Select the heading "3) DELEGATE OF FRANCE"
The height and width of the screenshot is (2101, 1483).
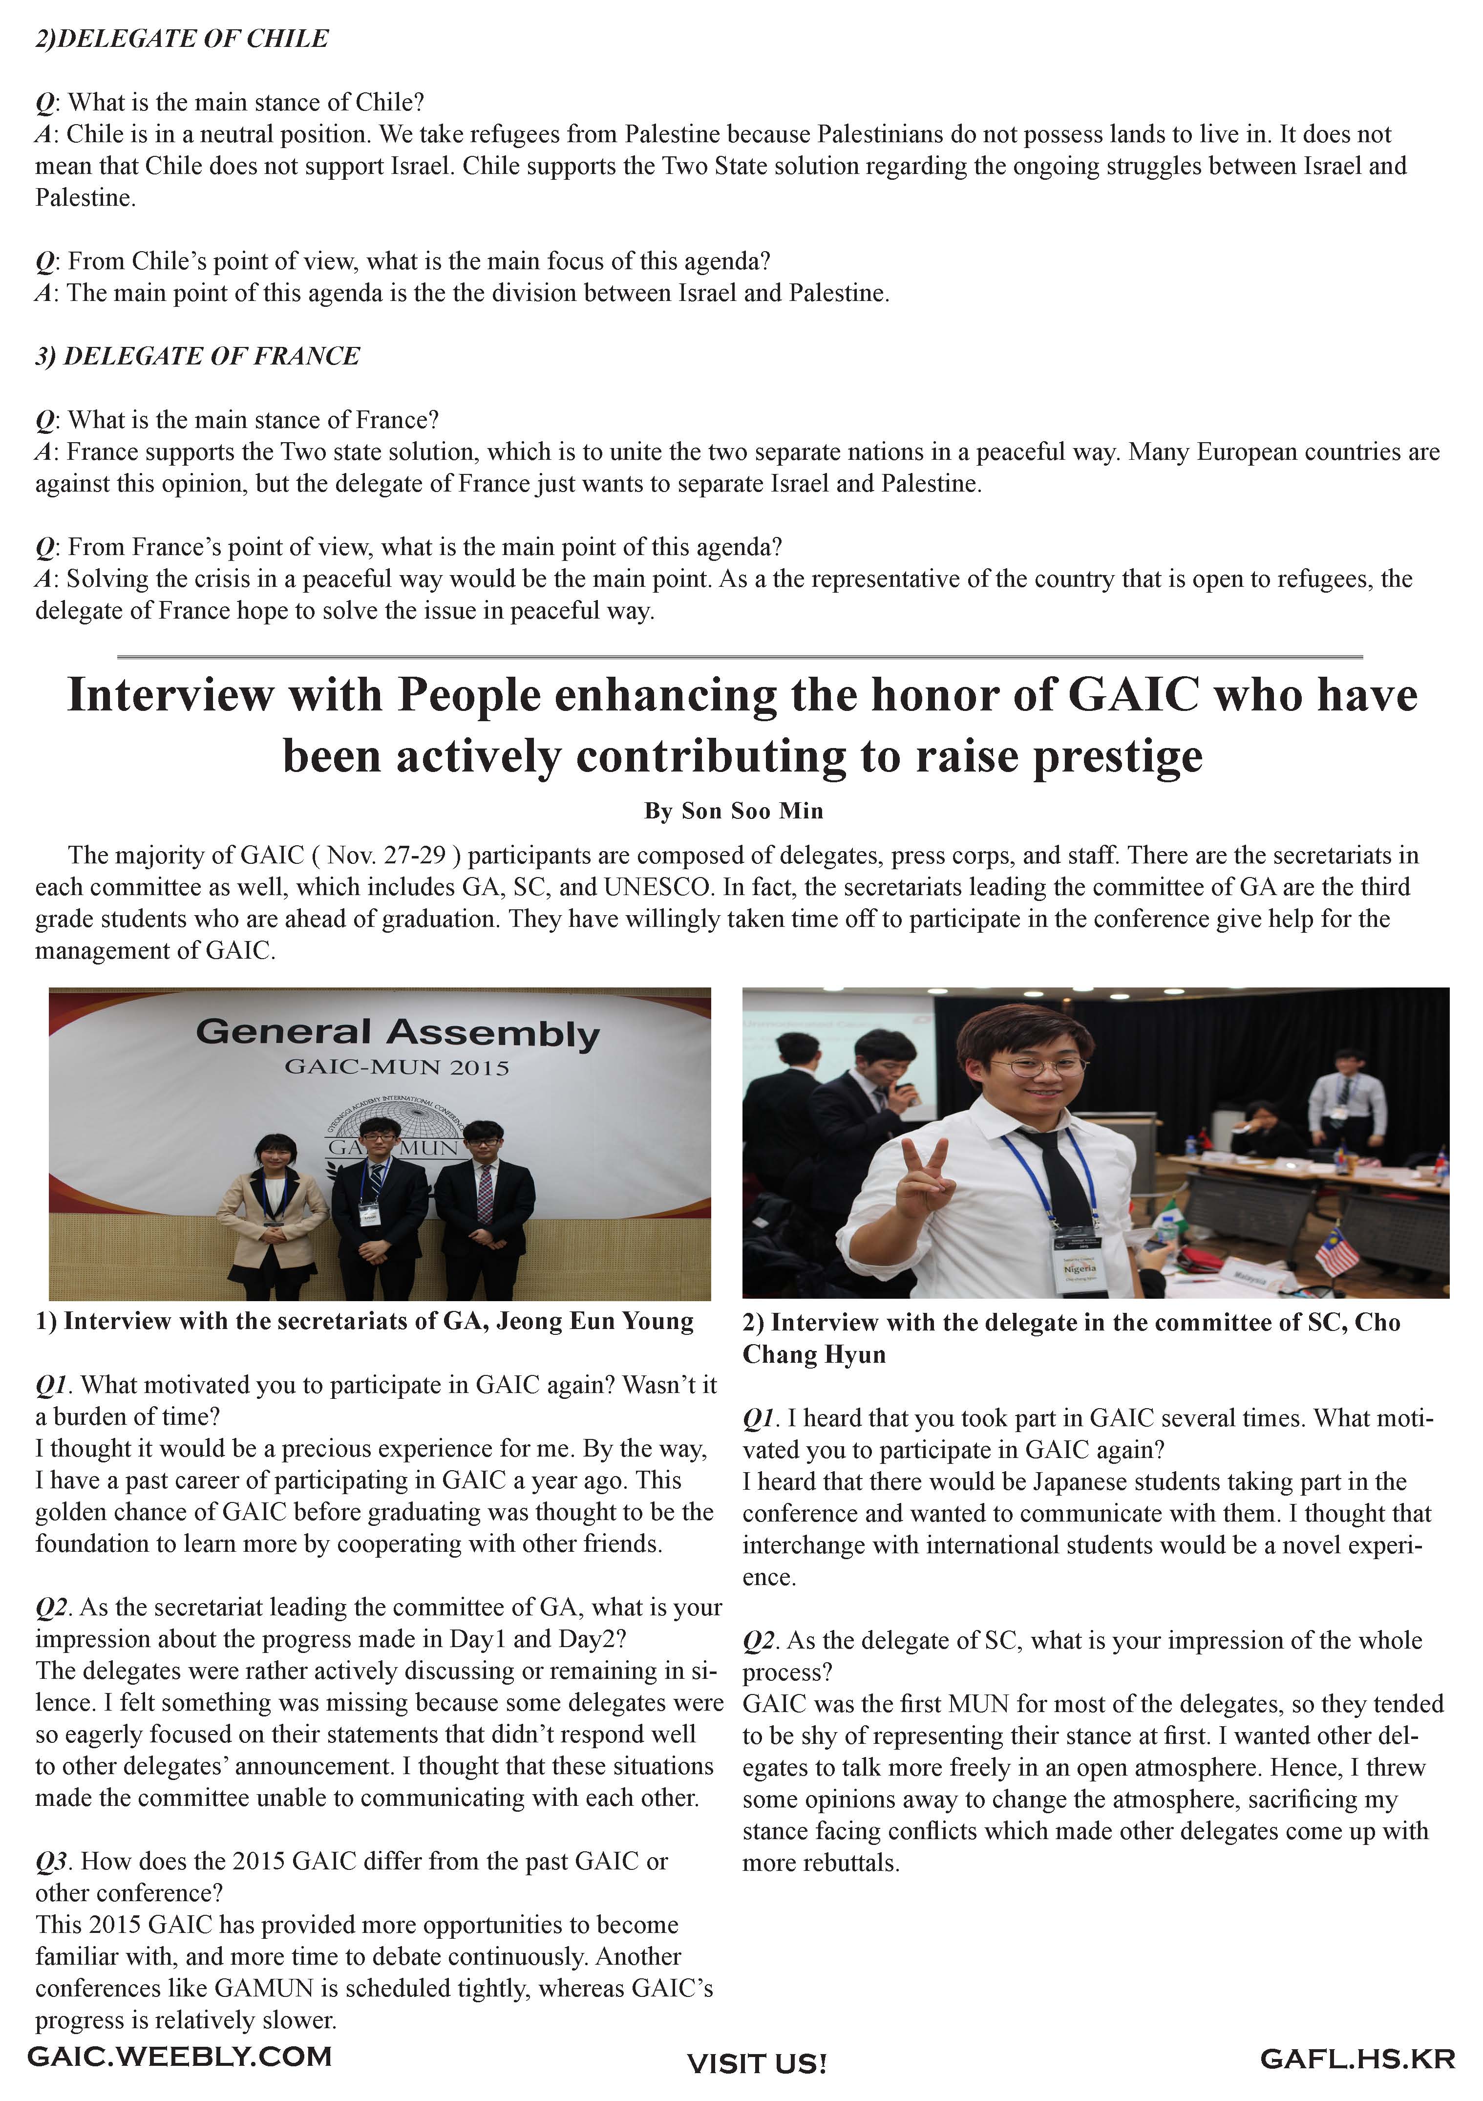[x=198, y=356]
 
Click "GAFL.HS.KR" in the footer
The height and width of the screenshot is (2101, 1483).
[x=1357, y=2059]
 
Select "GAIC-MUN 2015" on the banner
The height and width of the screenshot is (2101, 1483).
[x=397, y=1067]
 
